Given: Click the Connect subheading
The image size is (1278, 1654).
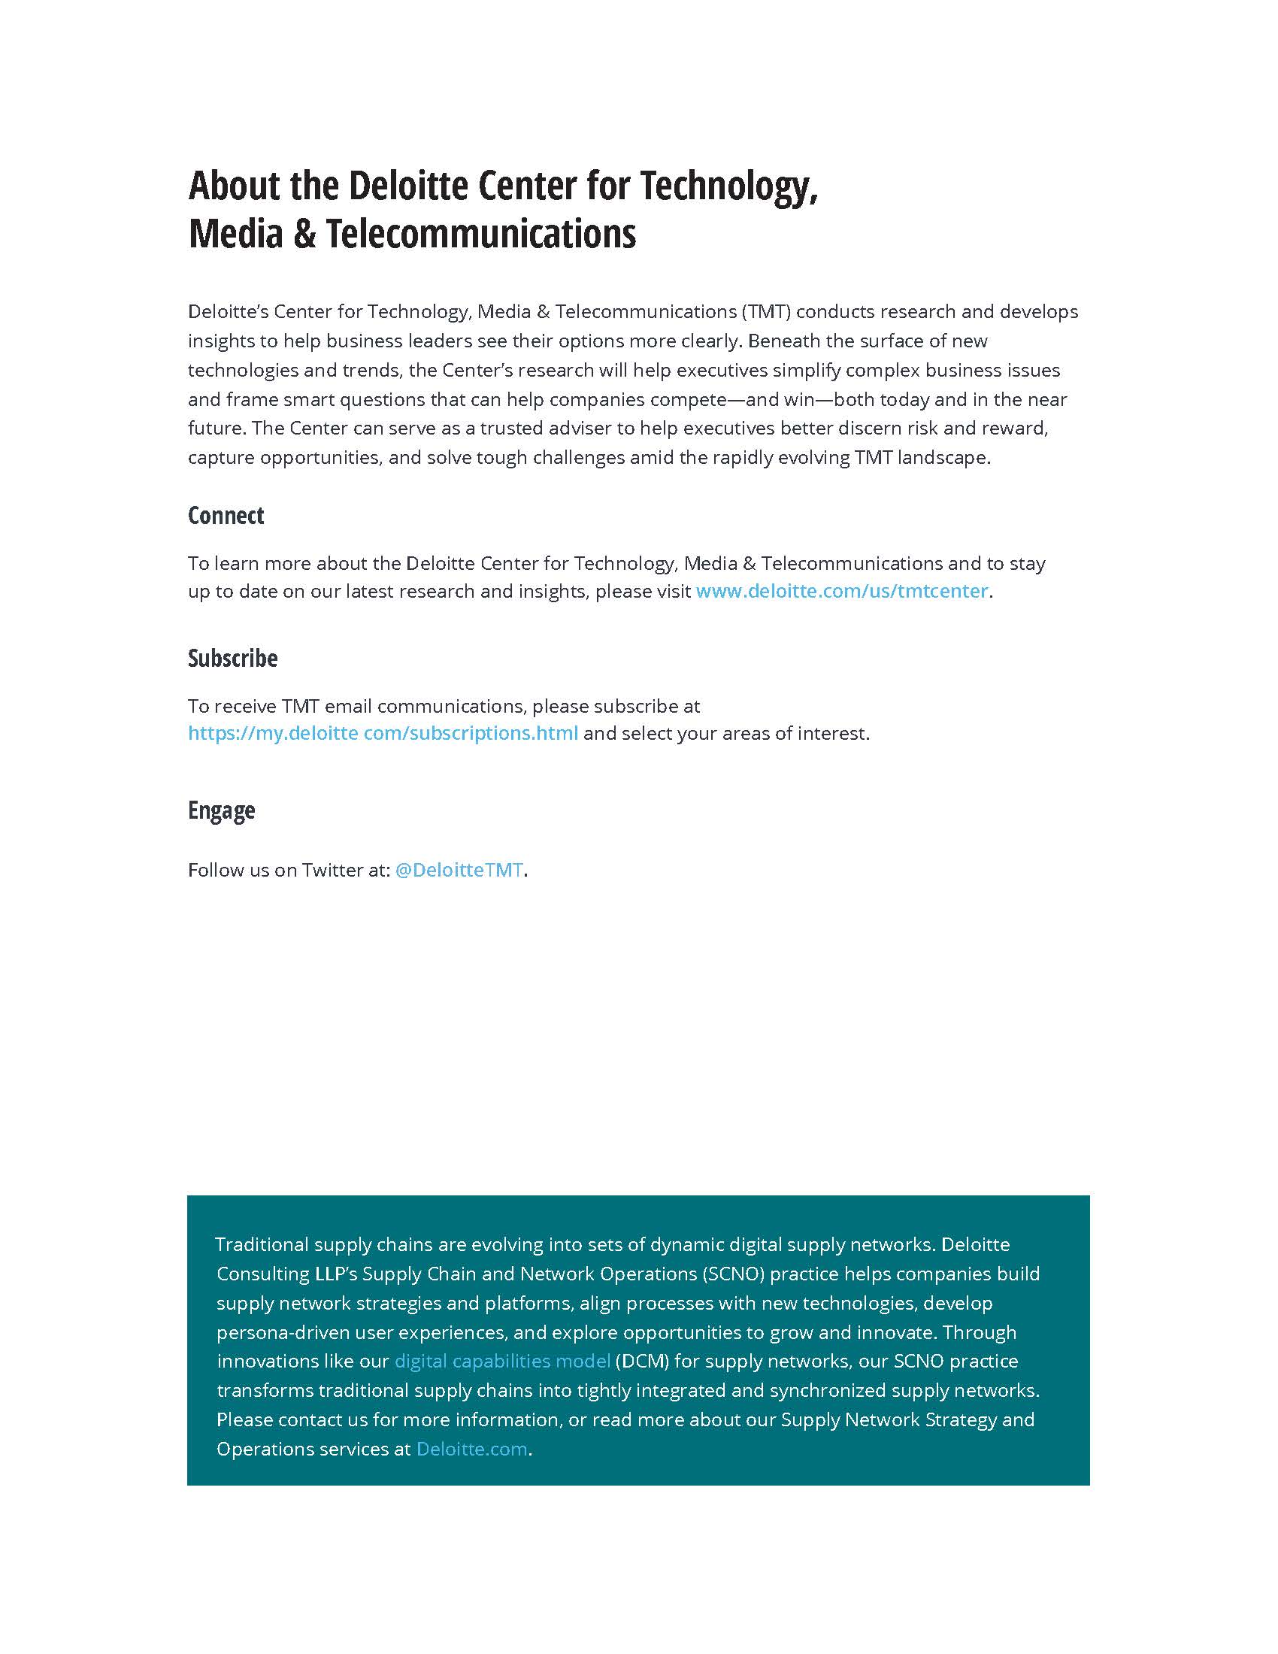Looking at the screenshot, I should click(226, 516).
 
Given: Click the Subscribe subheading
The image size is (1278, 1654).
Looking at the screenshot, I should click(232, 658).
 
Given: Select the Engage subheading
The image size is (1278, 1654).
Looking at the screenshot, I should click(221, 810).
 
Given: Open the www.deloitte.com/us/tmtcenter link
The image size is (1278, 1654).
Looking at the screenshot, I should click(841, 591).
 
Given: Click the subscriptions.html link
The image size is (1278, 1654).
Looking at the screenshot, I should click(383, 733).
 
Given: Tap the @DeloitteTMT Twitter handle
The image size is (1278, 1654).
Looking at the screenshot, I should click(459, 869).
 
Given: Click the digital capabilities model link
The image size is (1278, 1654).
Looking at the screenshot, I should click(502, 1361).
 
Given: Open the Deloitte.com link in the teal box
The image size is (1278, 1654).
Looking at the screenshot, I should click(471, 1449).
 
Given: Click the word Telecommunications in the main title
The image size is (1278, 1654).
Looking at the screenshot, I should click(481, 233).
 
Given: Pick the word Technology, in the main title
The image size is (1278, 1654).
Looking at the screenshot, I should click(729, 186).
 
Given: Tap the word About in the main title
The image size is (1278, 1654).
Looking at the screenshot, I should click(234, 186).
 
